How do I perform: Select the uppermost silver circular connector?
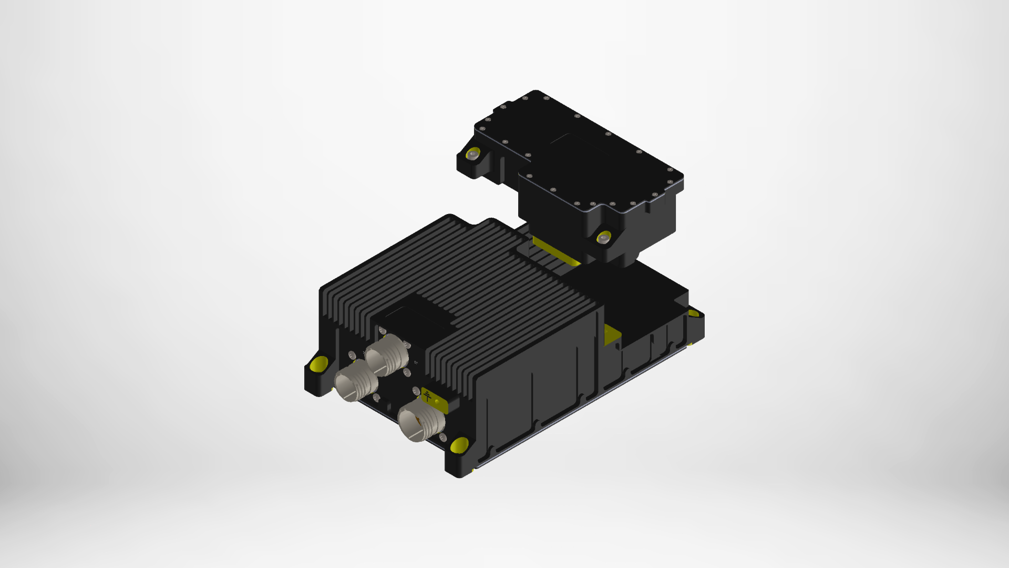click(x=386, y=355)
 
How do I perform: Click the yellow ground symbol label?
click(x=428, y=396)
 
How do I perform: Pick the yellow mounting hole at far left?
click(x=319, y=363)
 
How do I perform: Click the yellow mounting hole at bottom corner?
click(x=459, y=445)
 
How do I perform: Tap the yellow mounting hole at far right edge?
click(x=694, y=314)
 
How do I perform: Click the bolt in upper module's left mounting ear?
click(x=473, y=155)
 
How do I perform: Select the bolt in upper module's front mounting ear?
click(x=604, y=238)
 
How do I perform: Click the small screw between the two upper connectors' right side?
click(x=407, y=373)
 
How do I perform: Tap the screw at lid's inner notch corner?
click(x=528, y=156)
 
